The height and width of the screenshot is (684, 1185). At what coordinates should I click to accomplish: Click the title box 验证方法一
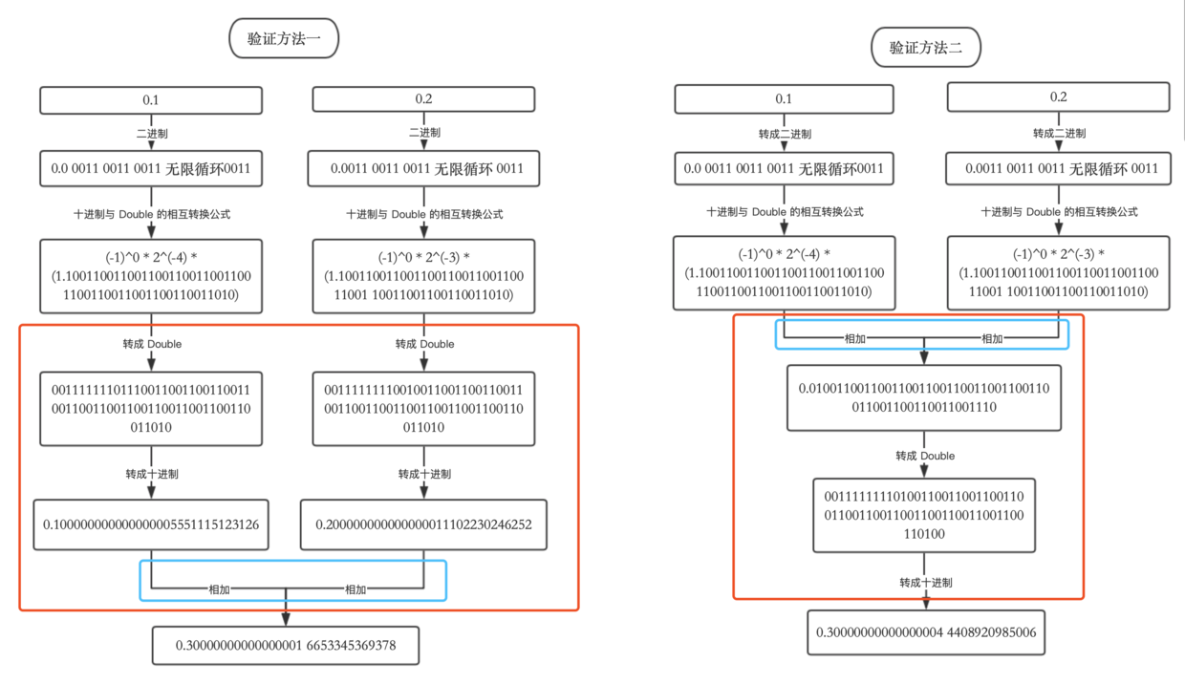click(284, 38)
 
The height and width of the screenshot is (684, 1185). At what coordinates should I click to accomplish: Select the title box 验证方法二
click(926, 48)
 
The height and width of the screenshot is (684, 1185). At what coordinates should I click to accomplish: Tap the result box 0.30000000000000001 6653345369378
click(286, 646)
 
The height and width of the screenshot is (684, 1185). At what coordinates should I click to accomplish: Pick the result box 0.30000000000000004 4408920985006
click(926, 632)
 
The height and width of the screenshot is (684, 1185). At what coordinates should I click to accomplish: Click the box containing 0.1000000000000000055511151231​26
click(151, 524)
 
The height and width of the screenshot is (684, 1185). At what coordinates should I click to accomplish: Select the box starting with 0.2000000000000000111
click(423, 524)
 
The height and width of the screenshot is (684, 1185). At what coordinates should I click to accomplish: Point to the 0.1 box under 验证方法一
click(151, 100)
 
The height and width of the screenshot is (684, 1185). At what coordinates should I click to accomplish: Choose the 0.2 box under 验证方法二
click(1059, 96)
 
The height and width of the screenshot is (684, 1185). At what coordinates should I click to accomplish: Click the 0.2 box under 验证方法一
click(423, 99)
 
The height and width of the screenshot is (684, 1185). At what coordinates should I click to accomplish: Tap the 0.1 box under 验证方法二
click(784, 99)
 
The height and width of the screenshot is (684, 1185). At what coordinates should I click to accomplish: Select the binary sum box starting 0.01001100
click(924, 397)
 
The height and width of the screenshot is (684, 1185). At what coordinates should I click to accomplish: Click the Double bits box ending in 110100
click(924, 515)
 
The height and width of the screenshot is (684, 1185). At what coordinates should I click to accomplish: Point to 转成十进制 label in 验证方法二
click(926, 583)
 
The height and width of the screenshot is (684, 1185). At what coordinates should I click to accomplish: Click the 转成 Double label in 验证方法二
click(925, 456)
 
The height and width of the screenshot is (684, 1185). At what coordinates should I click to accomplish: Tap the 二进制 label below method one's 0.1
click(152, 134)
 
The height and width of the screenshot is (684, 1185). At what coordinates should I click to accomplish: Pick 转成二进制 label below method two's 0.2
click(1059, 134)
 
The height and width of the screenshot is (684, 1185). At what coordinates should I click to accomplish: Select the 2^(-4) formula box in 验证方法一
click(151, 276)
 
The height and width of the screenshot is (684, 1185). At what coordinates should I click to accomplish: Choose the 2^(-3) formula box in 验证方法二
click(1059, 273)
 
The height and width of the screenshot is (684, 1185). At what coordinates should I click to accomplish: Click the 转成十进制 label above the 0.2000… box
click(424, 474)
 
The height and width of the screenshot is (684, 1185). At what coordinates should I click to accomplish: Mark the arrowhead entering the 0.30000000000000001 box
click(286, 619)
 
